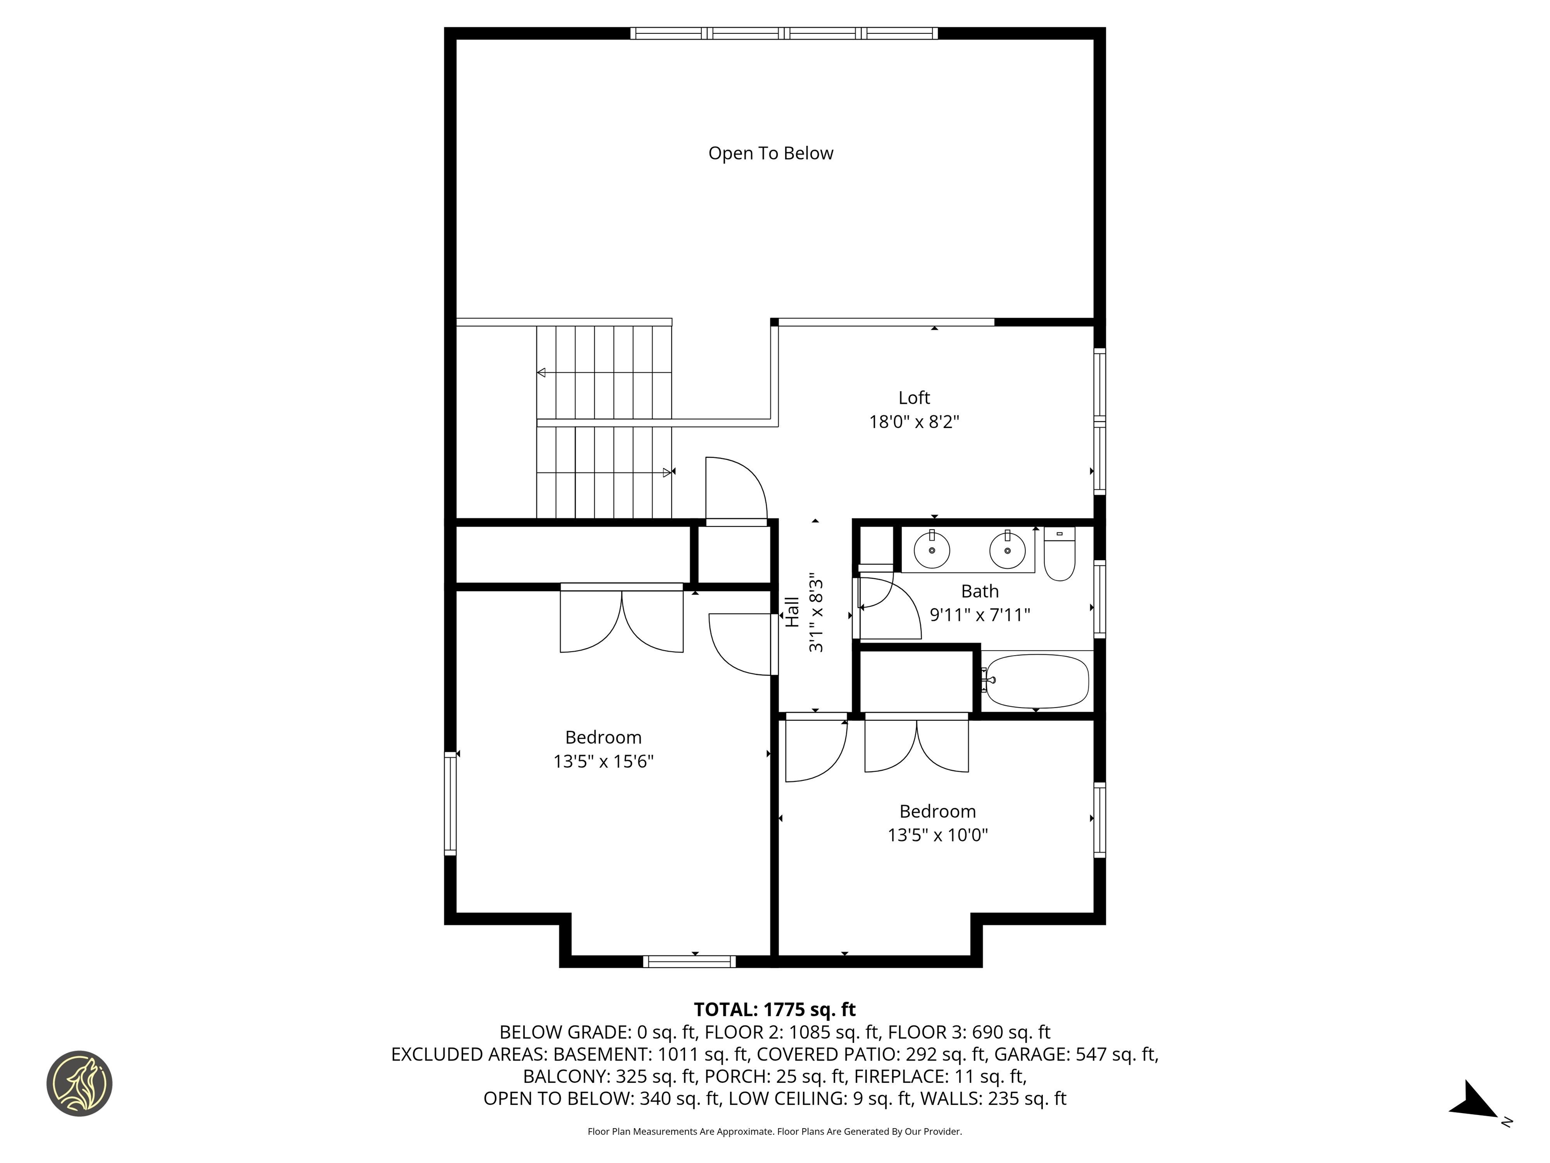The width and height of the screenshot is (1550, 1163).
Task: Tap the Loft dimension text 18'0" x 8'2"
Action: [914, 422]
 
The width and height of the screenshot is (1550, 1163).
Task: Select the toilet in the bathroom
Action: [1059, 555]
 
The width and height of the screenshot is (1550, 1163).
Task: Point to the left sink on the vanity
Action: [931, 550]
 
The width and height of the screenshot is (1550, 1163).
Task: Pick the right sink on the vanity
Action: [1007, 550]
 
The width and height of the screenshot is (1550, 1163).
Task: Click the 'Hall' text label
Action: [792, 611]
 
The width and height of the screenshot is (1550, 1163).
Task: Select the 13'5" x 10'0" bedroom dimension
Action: [937, 835]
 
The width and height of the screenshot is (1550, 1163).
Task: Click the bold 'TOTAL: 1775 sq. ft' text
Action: [774, 1010]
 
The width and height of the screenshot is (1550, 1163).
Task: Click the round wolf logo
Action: [79, 1083]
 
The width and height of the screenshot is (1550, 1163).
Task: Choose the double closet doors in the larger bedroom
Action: [622, 620]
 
